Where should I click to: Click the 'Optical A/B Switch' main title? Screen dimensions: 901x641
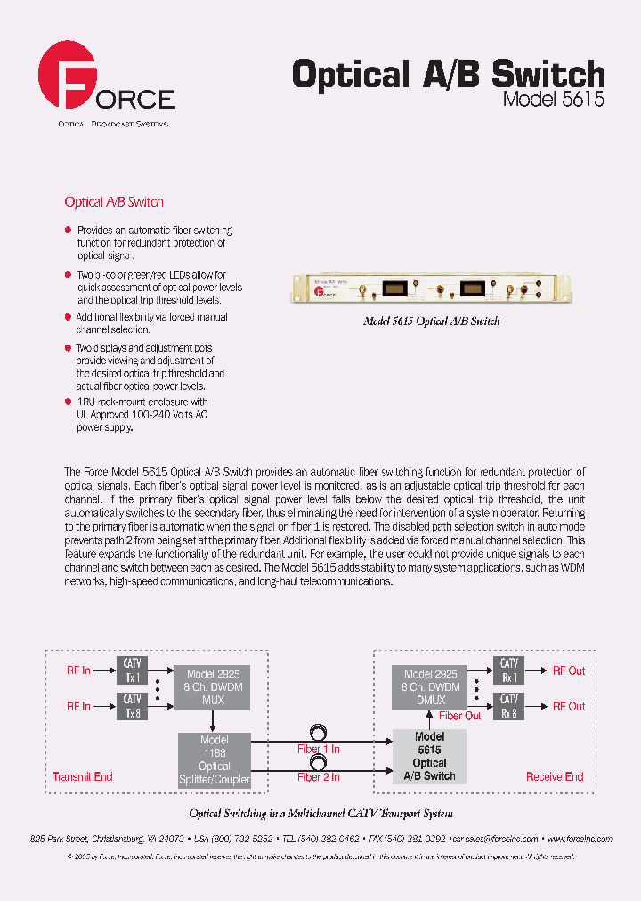[x=448, y=75]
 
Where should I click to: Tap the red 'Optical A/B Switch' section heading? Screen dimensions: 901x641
[x=114, y=202]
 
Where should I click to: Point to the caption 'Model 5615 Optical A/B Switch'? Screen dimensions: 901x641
[x=431, y=321]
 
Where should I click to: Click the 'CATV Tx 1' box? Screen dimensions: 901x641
[x=133, y=669]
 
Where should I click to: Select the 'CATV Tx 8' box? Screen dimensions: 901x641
[x=133, y=706]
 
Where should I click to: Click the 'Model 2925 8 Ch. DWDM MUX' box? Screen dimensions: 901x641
[x=213, y=687]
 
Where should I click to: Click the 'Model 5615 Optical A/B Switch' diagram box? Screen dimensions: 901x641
[x=429, y=757]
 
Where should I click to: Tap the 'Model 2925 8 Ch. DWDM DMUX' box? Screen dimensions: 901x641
[x=432, y=687]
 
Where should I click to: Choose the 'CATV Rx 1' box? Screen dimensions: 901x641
[x=509, y=669]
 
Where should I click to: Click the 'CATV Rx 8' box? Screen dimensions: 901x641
[x=509, y=706]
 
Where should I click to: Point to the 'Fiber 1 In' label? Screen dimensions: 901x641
[x=319, y=750]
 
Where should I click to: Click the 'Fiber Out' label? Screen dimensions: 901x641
[x=460, y=716]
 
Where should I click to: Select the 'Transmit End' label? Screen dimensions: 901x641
[x=83, y=777]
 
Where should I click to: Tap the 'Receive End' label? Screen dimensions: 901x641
[x=555, y=777]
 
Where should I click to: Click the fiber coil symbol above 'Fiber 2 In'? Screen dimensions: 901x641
[x=318, y=764]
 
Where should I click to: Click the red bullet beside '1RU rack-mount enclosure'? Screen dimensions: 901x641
[x=69, y=402]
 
